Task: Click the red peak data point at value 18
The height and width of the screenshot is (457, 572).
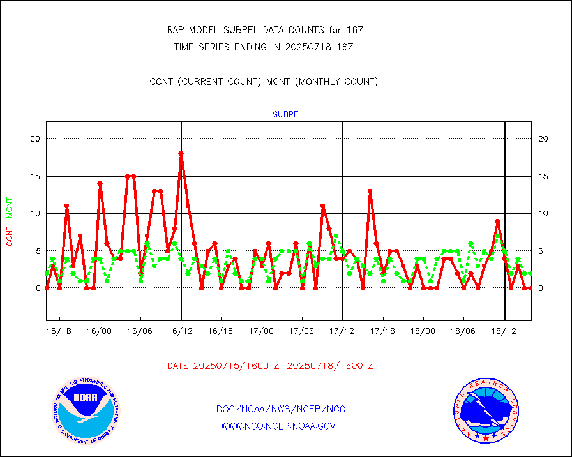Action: pos(181,154)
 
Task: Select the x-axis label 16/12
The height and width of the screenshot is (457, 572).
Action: pos(181,331)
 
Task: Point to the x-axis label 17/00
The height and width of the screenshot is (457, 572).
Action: pos(262,331)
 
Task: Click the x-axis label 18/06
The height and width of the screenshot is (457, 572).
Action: pos(463,331)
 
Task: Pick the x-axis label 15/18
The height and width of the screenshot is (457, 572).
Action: pos(59,331)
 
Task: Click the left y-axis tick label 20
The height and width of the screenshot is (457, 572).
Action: pos(35,139)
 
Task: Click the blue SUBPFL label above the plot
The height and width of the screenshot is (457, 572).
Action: pos(287,115)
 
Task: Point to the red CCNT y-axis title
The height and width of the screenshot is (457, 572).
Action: pos(10,234)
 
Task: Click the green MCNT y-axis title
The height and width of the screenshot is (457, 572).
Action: pos(10,207)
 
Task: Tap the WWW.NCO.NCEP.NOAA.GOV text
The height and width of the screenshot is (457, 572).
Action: pos(278,426)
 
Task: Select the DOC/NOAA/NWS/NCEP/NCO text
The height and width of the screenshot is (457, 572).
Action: pos(281,409)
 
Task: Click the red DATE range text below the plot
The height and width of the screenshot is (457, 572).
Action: pos(270,366)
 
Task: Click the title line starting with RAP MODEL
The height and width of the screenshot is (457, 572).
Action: pos(265,30)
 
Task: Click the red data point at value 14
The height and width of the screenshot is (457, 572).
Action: pos(100,184)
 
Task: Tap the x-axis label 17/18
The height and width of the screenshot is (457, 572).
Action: pos(382,331)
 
